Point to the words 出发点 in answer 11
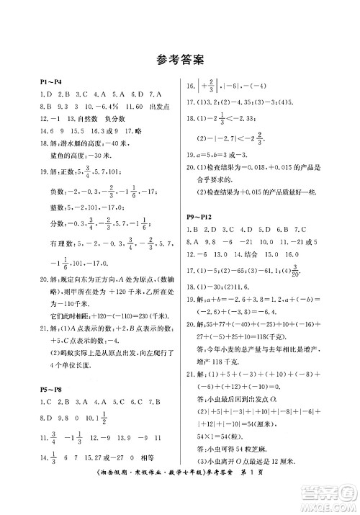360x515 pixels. (150, 105)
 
